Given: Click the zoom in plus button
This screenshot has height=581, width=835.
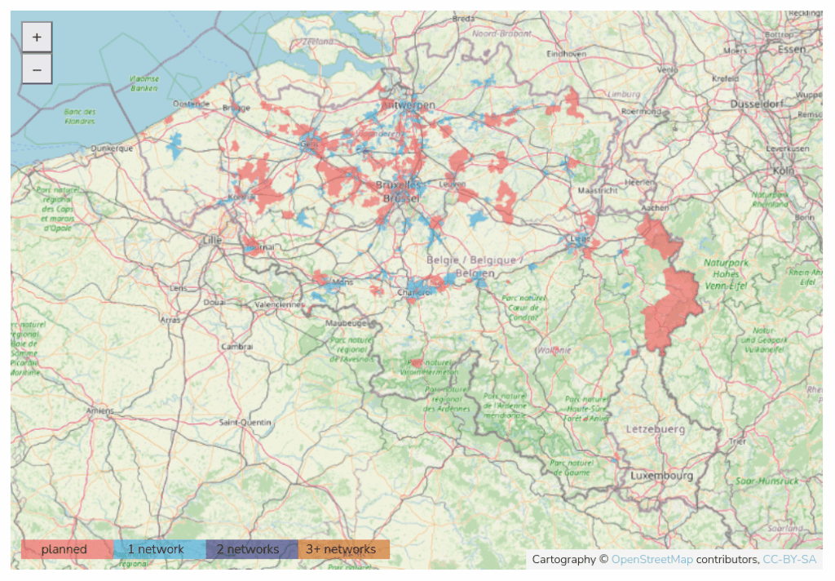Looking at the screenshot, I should click(x=37, y=38).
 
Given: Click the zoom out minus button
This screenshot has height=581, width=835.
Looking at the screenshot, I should click(x=37, y=69).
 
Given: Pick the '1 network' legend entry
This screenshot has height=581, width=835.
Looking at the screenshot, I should click(x=160, y=549).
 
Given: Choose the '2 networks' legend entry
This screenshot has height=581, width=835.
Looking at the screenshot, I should click(x=252, y=549).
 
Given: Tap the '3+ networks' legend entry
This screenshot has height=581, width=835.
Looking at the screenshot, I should click(x=344, y=549).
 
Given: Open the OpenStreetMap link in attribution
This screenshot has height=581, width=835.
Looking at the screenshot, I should click(x=652, y=559).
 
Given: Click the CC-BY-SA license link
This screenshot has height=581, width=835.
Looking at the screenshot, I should click(x=789, y=559).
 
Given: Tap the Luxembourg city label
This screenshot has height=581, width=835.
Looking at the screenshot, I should click(x=661, y=476).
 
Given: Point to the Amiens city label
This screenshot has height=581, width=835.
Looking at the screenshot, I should click(x=99, y=411).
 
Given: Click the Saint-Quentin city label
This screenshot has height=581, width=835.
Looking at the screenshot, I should click(x=245, y=422).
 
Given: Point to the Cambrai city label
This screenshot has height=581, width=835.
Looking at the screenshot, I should click(x=237, y=346).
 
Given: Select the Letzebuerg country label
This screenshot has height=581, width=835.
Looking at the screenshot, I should click(x=655, y=428).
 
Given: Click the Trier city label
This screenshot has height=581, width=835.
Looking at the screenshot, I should click(x=738, y=441).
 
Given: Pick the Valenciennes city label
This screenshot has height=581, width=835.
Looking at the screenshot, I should click(x=279, y=304).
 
